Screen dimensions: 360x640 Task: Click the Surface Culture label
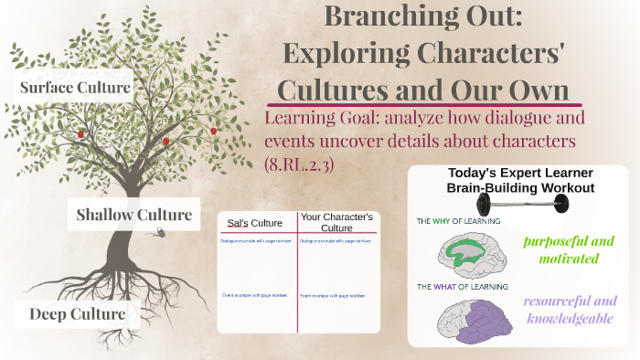click(x=76, y=88)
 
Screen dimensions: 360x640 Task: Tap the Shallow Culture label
click(x=133, y=216)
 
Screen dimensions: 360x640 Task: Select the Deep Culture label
click(x=77, y=314)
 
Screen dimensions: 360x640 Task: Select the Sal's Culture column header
click(x=256, y=223)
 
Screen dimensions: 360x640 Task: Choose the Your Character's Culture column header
click(x=337, y=222)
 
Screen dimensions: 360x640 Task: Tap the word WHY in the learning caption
click(x=447, y=221)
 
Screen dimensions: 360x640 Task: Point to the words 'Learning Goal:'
click(x=320, y=119)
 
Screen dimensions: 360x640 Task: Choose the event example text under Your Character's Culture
click(x=333, y=295)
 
